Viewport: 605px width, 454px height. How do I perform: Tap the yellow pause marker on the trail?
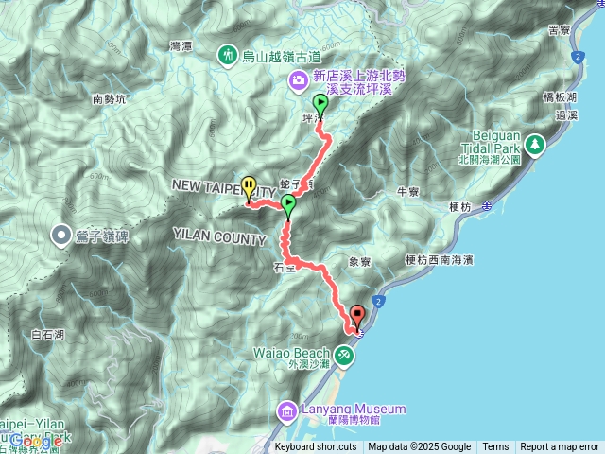pyautogui.click(x=249, y=187)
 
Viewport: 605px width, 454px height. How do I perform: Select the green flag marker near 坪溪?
pyautogui.click(x=320, y=105)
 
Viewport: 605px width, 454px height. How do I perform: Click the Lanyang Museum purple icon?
pyautogui.click(x=287, y=410)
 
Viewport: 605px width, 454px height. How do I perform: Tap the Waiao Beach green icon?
pyautogui.click(x=344, y=355)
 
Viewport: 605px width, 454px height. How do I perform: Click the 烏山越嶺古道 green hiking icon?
pyautogui.click(x=228, y=57)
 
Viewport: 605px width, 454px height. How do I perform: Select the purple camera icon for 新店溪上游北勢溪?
pyautogui.click(x=299, y=82)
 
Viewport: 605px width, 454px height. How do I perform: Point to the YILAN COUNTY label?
pyautogui.click(x=219, y=236)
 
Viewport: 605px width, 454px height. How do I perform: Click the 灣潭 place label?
pyautogui.click(x=181, y=44)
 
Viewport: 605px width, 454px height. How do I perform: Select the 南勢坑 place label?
pyautogui.click(x=110, y=98)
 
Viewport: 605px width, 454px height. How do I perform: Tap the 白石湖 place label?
pyautogui.click(x=47, y=334)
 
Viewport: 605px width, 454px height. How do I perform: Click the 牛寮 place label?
pyautogui.click(x=408, y=192)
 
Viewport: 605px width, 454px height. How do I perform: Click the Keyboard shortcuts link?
pyautogui.click(x=316, y=447)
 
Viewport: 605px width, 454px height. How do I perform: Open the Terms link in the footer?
pyautogui.click(x=495, y=447)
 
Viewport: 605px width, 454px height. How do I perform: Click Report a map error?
pyautogui.click(x=560, y=447)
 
